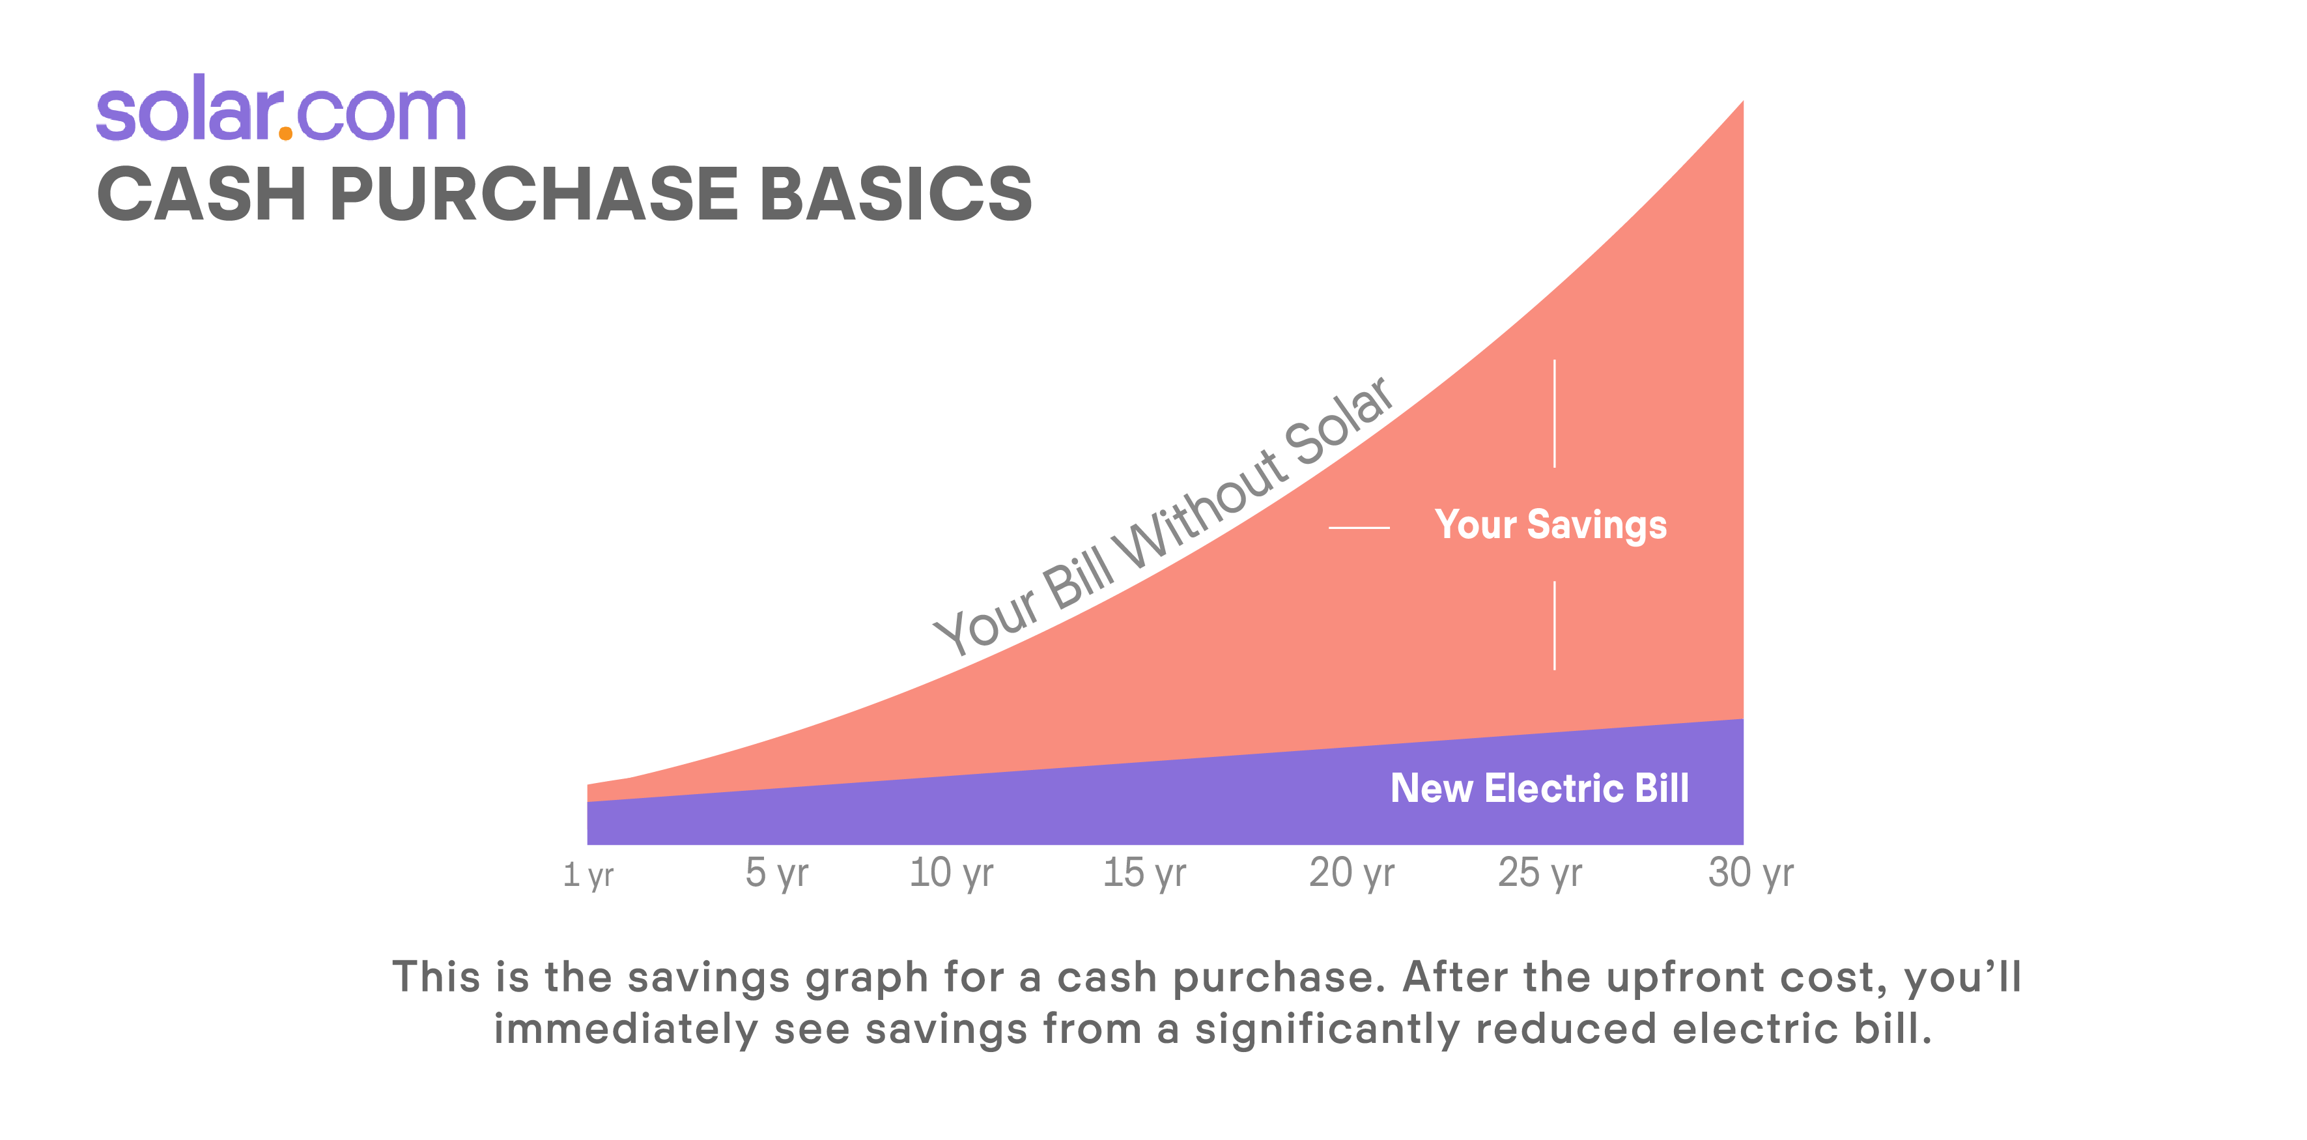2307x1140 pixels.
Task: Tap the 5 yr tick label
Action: (x=776, y=873)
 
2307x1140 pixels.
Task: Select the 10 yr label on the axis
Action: (x=951, y=873)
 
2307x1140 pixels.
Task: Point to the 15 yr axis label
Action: (x=1144, y=873)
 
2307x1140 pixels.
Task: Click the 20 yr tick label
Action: (x=1352, y=873)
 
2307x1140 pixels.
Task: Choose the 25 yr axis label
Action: (x=1540, y=873)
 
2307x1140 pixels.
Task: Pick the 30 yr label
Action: (x=1751, y=873)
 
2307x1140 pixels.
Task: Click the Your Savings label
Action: (x=1550, y=526)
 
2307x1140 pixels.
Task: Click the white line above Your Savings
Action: (x=1555, y=414)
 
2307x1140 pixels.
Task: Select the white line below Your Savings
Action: (x=1555, y=625)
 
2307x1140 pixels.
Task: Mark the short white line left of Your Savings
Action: (x=1359, y=528)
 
